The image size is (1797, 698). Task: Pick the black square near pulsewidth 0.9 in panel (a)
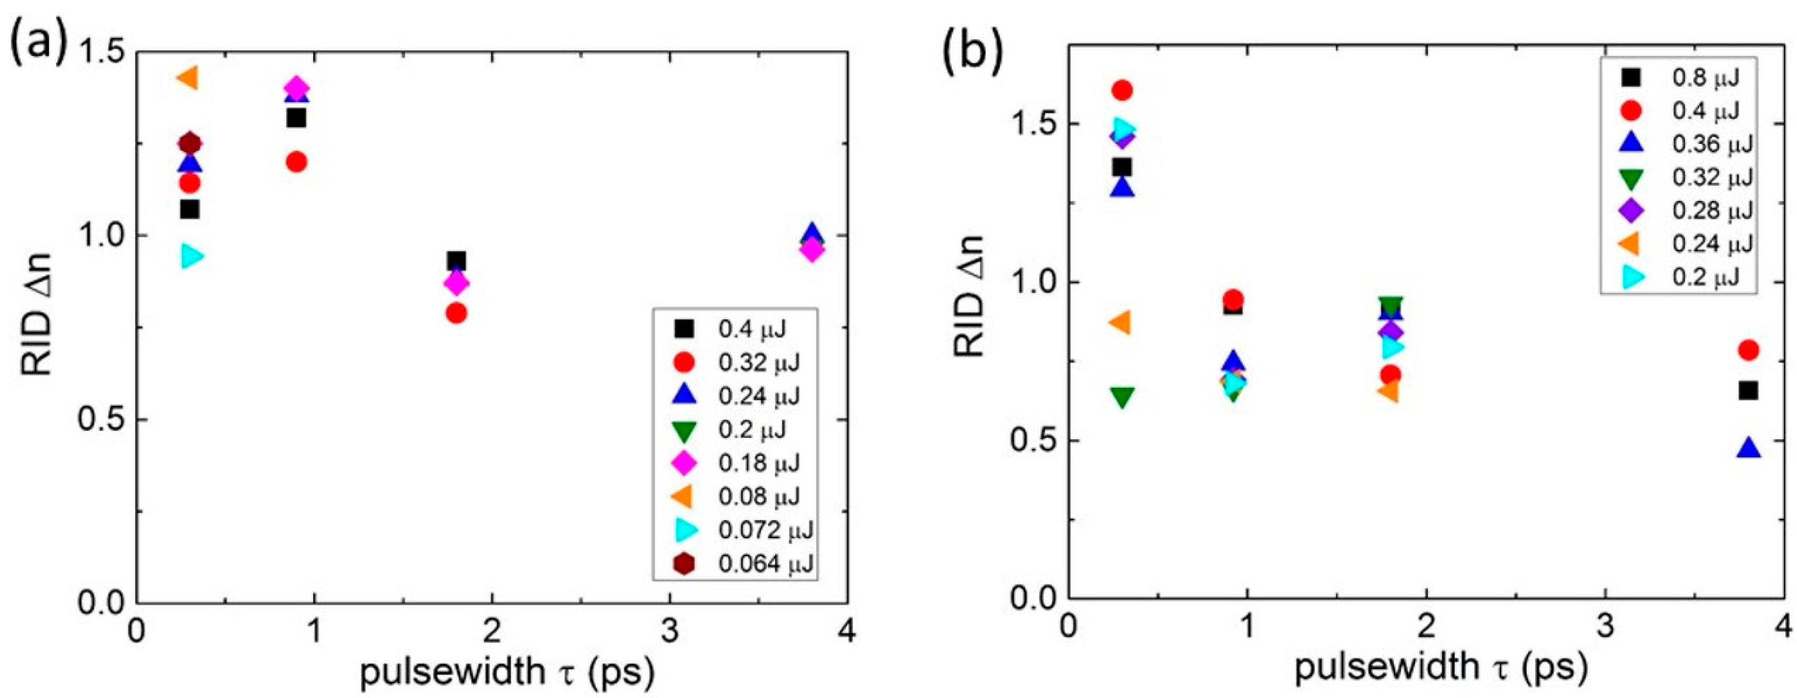[296, 118]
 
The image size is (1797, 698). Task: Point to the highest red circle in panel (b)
[1123, 90]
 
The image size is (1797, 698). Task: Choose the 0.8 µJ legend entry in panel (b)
[1688, 97]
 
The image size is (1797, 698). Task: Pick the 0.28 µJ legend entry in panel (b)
[1688, 210]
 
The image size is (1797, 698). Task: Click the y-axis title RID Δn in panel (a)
[37, 326]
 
